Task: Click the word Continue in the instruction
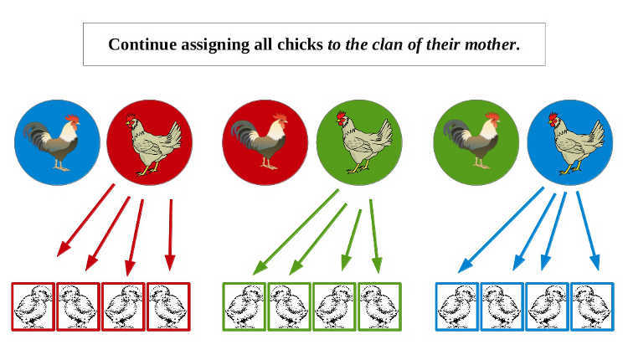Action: (142, 44)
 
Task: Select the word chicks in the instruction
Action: (300, 44)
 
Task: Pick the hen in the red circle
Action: (153, 144)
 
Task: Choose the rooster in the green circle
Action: (471, 140)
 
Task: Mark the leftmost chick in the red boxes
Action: (33, 306)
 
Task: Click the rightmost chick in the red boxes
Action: (168, 306)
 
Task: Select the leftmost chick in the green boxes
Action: (245, 306)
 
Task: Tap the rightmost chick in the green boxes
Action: (379, 306)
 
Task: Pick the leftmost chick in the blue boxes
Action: (457, 306)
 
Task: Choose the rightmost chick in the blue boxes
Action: (592, 306)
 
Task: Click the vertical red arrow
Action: (171, 235)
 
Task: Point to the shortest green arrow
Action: (351, 239)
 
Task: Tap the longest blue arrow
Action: (501, 230)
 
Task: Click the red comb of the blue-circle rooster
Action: (73, 119)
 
